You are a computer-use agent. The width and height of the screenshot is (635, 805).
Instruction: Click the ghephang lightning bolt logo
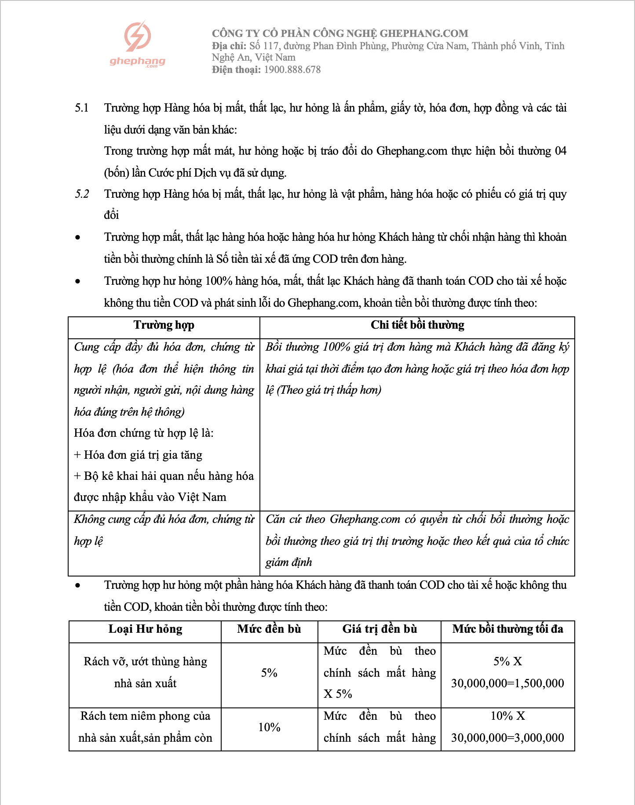pos(138,36)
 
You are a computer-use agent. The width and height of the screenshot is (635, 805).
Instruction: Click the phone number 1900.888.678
pos(292,69)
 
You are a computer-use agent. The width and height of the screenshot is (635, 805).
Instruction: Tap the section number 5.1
pos(82,108)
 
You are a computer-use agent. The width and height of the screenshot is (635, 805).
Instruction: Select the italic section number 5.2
pos(82,194)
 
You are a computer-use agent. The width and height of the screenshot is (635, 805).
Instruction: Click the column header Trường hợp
pos(164,325)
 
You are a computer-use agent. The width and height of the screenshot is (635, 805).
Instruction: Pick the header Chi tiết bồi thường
pos(417,325)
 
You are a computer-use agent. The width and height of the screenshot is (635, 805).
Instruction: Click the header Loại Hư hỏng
pos(145,629)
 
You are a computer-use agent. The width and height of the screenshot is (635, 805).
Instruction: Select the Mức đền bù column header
pos(269,629)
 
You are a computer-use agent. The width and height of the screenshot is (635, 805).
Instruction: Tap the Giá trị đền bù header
pos(379,629)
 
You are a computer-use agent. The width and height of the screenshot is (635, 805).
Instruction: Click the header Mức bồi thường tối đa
pos(507,629)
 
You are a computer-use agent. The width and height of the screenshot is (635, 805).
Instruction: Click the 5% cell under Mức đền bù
pos(269,673)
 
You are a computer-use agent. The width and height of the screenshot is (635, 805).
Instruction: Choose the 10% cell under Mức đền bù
pos(269,727)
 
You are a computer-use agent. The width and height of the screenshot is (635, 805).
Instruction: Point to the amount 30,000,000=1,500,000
pos(507,683)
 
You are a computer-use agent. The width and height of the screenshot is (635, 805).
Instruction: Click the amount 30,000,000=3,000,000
pos(507,738)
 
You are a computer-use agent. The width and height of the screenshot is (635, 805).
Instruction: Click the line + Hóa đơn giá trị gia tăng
pos(138,455)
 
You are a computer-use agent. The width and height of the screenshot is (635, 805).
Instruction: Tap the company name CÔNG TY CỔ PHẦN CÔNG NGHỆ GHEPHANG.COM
pos(339,33)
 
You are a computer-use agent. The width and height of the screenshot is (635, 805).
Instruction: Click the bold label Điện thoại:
pos(236,69)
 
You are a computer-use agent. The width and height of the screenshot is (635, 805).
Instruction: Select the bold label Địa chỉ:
pos(229,46)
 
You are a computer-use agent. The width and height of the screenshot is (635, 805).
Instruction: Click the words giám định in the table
pos(288,562)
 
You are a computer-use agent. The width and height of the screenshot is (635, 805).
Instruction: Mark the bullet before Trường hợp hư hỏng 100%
pos(78,281)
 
